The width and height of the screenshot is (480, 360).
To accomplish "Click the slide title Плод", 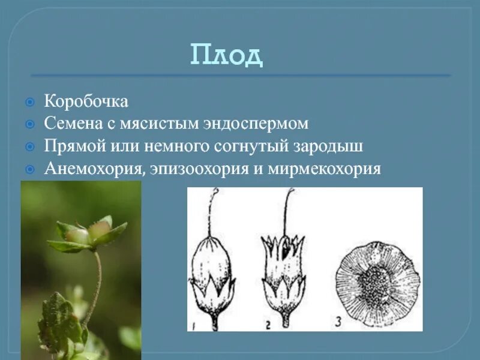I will [x=227, y=55].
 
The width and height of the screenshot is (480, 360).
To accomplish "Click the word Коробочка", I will [x=86, y=101].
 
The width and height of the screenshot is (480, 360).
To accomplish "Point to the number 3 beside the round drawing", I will [x=340, y=322].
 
